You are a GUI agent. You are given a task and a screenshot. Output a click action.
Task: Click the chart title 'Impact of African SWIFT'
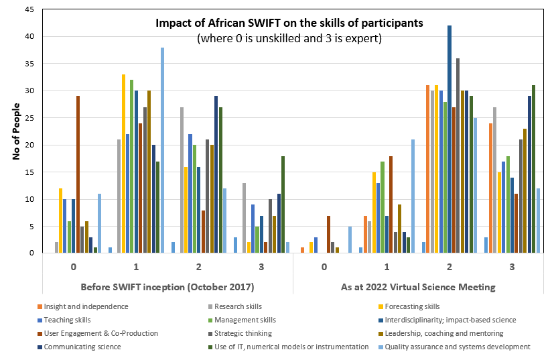tap(289, 23)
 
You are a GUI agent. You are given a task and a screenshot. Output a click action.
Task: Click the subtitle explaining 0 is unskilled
tap(289, 38)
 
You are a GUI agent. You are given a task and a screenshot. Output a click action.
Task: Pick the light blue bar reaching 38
tap(162, 150)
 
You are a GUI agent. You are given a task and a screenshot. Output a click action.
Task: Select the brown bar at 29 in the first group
tap(78, 174)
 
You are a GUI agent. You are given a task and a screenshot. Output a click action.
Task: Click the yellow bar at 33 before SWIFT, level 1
tap(123, 164)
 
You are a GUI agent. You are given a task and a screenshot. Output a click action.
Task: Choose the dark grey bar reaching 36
tap(458, 156)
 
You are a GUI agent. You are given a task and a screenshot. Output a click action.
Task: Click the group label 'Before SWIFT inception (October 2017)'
tap(167, 287)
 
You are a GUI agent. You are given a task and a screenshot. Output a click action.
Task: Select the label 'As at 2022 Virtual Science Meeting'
tap(419, 287)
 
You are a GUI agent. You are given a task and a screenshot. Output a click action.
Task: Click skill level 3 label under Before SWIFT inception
tap(261, 266)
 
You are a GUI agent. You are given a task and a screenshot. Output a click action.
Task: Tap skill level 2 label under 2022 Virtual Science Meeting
tap(450, 266)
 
